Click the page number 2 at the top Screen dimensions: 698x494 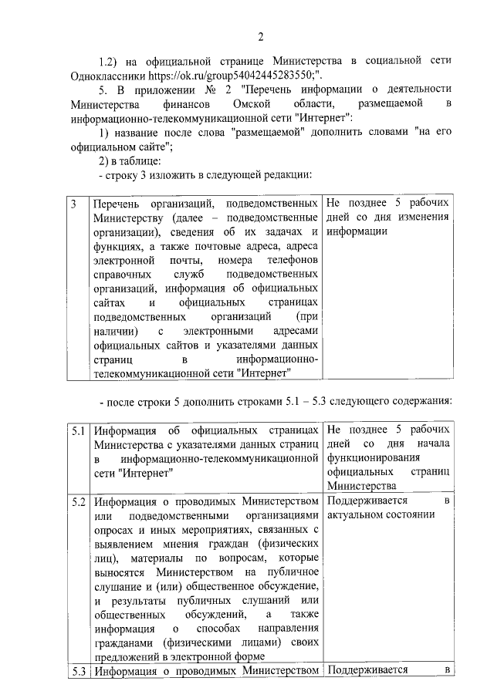pyautogui.click(x=261, y=36)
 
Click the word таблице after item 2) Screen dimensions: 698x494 pyautogui.click(x=137, y=160)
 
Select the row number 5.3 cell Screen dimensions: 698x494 pyautogui.click(x=77, y=670)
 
